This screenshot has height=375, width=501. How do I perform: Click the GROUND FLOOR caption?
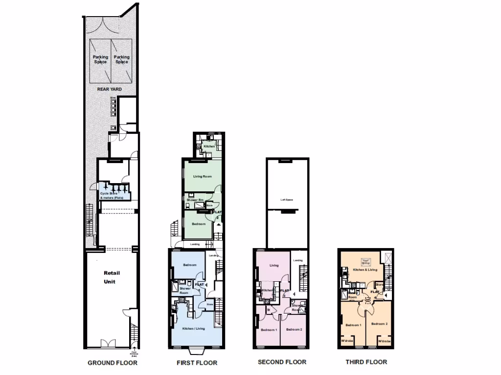[113, 363]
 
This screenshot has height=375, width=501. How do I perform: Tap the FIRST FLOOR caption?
[197, 363]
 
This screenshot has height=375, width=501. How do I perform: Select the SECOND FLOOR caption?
[282, 362]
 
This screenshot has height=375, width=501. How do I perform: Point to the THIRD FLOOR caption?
[366, 362]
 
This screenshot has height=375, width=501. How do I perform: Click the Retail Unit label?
[112, 277]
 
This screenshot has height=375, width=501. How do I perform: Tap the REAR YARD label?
[109, 89]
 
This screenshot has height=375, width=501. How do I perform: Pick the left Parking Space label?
[101, 60]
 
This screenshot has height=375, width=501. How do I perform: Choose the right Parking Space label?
[122, 60]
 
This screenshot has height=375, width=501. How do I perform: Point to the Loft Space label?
[286, 200]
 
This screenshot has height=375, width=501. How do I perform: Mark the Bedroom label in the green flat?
[198, 224]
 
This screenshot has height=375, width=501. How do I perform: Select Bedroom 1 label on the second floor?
[269, 330]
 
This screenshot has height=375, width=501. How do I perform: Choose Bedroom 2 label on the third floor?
[379, 324]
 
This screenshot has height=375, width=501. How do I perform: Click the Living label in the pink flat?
[274, 266]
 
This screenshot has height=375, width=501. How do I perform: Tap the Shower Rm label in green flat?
[195, 200]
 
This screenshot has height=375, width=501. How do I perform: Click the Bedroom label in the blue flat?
[190, 265]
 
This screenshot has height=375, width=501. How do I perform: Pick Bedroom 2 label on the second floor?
[295, 330]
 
